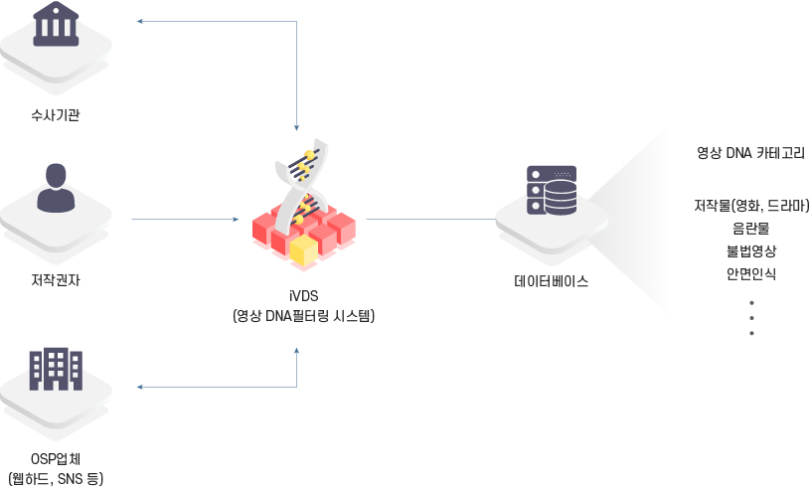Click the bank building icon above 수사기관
(56, 25)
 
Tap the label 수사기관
(56, 115)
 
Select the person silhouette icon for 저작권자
(56, 188)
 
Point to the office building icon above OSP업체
(56, 369)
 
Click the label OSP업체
(56, 459)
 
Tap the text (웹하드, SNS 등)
(56, 479)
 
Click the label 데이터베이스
(551, 280)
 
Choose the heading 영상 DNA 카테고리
(750, 153)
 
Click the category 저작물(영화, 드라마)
(751, 207)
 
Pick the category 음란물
(751, 229)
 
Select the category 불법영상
(751, 250)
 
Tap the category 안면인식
(751, 272)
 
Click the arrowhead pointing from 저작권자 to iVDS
(235, 219)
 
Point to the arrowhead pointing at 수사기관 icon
(140, 21)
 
